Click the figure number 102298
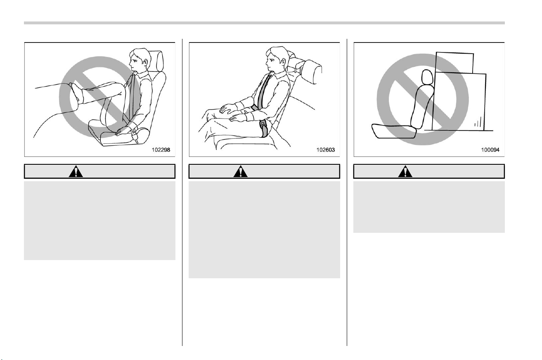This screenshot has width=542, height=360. [161, 150]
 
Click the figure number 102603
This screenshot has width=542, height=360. [326, 150]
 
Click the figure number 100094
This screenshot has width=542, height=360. [490, 150]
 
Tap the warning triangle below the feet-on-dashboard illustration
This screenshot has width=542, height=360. [76, 171]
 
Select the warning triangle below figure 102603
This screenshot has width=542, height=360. [241, 171]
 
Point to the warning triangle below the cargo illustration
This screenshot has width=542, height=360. [405, 171]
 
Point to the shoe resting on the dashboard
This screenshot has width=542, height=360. [75, 93]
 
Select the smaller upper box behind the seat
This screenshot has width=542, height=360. [454, 62]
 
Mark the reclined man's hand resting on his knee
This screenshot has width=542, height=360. [228, 108]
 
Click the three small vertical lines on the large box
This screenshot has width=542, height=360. [478, 122]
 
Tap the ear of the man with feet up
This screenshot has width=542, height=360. [145, 62]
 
